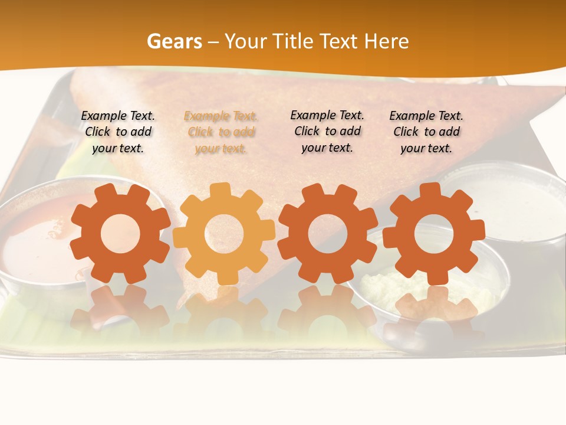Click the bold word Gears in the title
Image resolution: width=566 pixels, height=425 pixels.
click(x=174, y=41)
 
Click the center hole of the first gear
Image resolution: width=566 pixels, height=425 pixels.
click(x=120, y=234)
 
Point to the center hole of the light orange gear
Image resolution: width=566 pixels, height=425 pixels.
click(x=224, y=234)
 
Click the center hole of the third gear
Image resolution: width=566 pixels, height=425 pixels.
click(x=327, y=233)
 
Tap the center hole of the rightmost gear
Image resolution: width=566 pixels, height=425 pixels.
click(x=434, y=233)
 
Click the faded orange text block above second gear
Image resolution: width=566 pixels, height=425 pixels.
click(x=221, y=132)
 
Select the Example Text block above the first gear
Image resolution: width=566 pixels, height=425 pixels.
click(x=118, y=132)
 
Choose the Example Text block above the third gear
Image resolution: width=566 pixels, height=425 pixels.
click(x=327, y=131)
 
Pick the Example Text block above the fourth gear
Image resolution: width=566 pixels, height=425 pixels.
click(x=426, y=132)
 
